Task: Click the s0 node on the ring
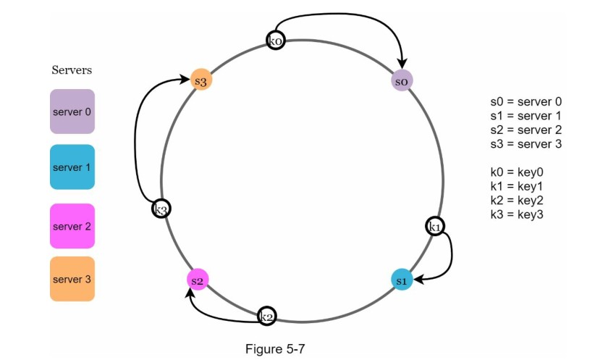click(x=402, y=80)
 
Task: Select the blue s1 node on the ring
click(x=402, y=278)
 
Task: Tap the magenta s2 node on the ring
click(x=197, y=279)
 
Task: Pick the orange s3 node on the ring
click(x=201, y=80)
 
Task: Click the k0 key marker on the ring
click(x=276, y=40)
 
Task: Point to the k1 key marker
click(x=435, y=227)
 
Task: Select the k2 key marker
click(x=266, y=315)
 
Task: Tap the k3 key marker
click(x=161, y=209)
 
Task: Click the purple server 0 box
click(x=72, y=112)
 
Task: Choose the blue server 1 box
click(x=72, y=167)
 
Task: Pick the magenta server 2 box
click(x=72, y=226)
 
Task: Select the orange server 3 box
click(x=72, y=279)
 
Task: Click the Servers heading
click(x=72, y=70)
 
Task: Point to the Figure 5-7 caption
click(x=275, y=349)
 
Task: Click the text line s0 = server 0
click(x=526, y=102)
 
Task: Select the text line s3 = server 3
click(x=526, y=143)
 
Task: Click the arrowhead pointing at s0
click(x=402, y=66)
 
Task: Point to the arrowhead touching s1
click(x=417, y=277)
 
